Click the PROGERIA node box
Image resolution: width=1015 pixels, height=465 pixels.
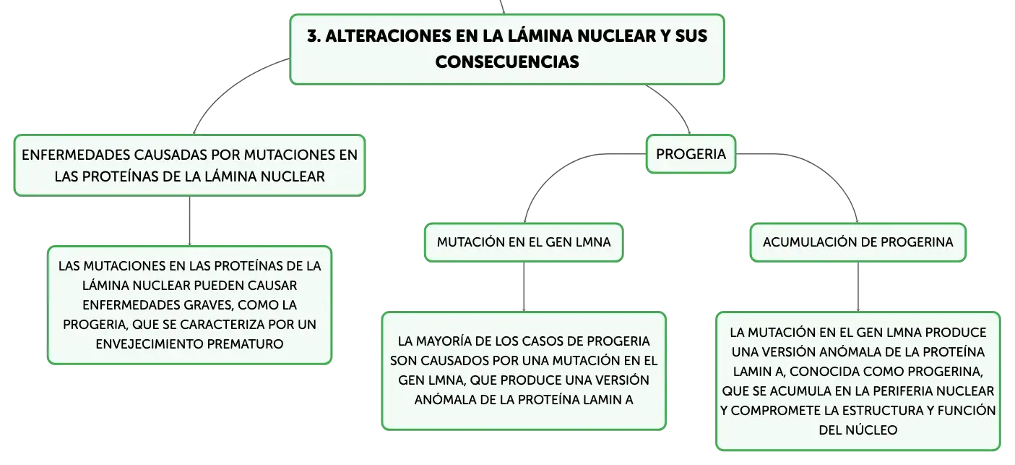pos(691,154)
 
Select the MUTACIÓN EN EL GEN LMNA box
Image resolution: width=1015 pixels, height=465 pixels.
pos(524,242)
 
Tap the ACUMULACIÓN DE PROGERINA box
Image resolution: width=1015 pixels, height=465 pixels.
pos(858,242)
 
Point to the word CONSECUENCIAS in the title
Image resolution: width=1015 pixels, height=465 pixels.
pos(507,61)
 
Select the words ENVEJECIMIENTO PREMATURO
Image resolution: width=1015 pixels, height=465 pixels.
pos(189,344)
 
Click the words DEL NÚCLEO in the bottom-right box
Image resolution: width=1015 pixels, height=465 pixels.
pos(858,430)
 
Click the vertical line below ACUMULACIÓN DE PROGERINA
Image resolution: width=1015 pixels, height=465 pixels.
pos(858,286)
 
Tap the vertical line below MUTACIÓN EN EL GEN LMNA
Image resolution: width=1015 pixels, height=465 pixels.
pos(524,286)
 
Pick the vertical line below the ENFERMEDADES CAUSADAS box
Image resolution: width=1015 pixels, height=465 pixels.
pos(189,221)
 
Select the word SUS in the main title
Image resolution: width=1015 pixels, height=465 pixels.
pos(691,36)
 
